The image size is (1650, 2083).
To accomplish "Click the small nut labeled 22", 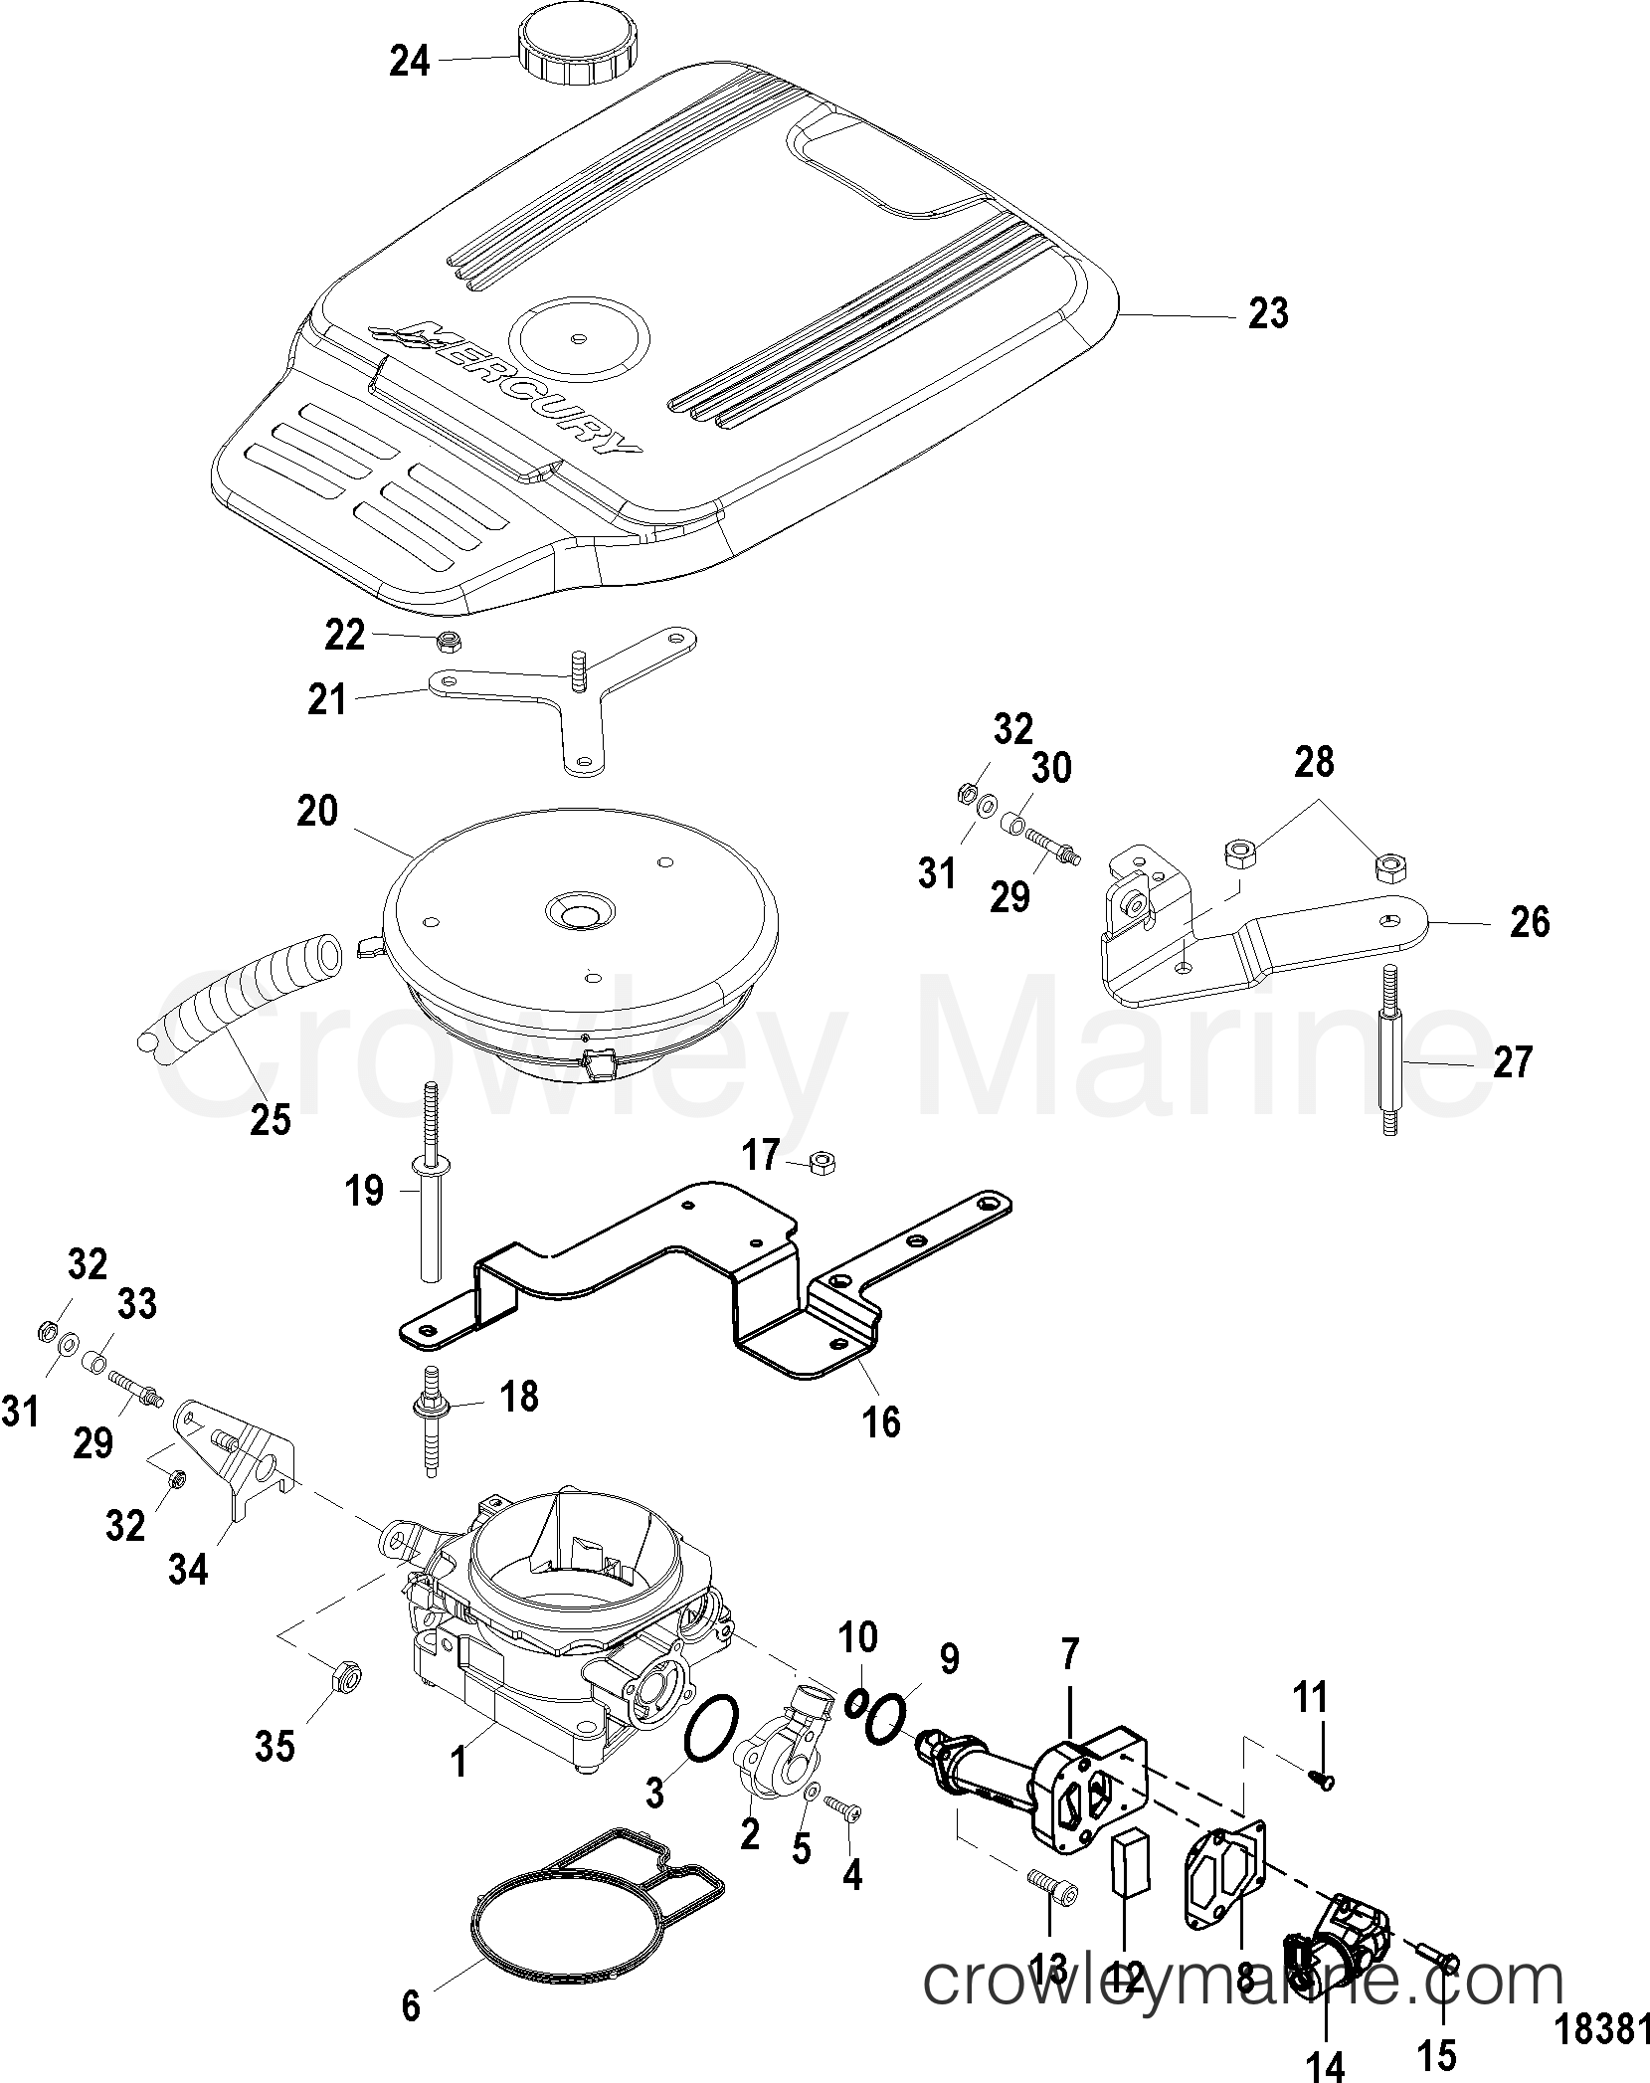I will [448, 642].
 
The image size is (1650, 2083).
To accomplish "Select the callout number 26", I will [1529, 922].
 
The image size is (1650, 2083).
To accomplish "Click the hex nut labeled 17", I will [822, 1161].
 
